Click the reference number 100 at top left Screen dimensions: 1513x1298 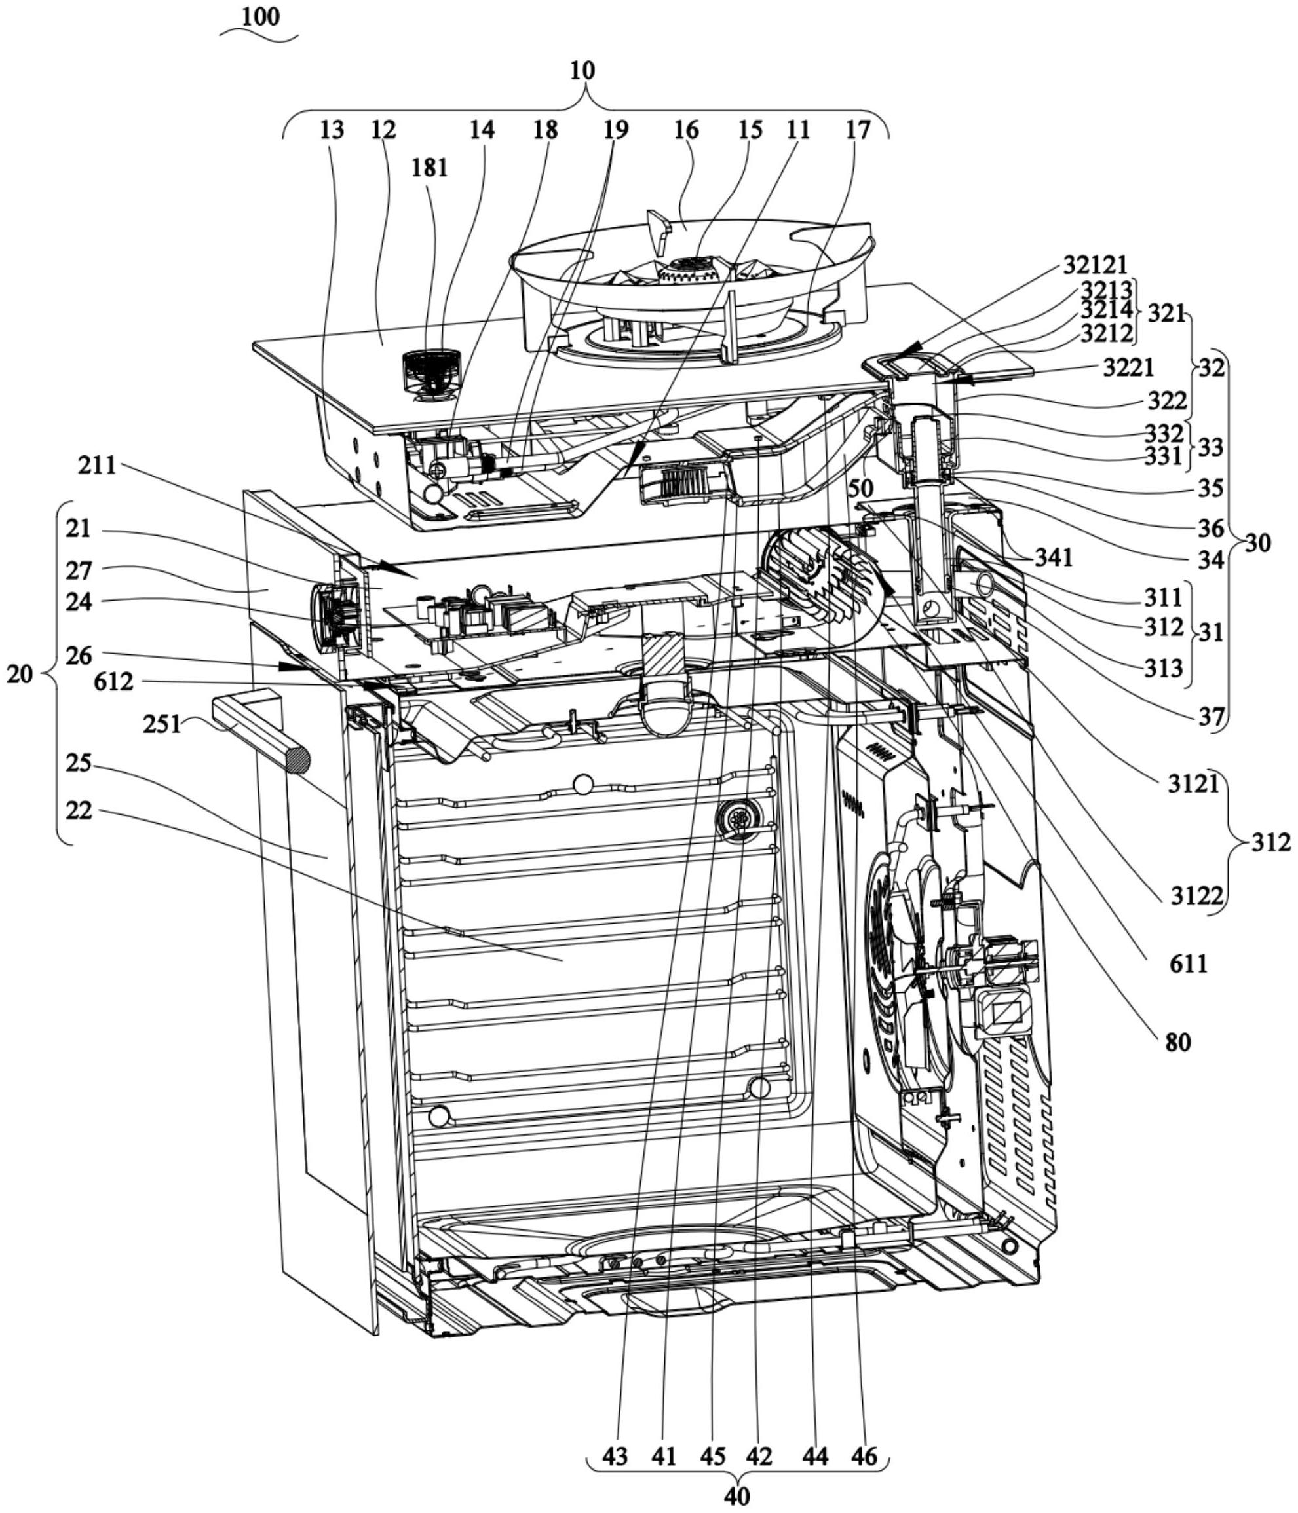[x=261, y=17]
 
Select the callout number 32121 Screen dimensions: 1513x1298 [x=1095, y=265]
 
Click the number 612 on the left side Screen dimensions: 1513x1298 [x=113, y=682]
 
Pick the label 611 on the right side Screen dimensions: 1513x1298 [x=1188, y=964]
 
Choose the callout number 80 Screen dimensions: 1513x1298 [x=1177, y=1042]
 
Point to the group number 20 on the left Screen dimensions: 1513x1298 [x=20, y=674]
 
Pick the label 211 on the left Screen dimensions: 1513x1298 [x=97, y=465]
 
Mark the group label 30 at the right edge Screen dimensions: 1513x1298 [x=1258, y=542]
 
